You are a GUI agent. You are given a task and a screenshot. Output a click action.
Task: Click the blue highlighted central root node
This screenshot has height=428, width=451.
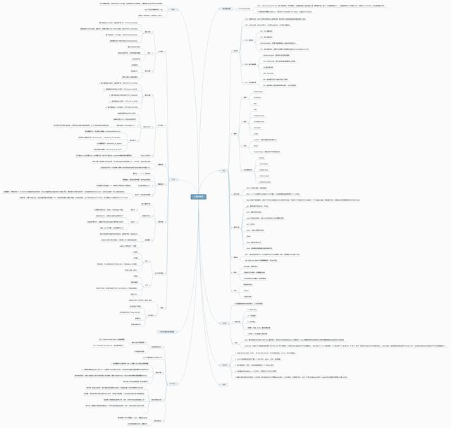[198, 196]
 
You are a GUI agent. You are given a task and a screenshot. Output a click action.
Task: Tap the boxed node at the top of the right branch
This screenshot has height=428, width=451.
[225, 8]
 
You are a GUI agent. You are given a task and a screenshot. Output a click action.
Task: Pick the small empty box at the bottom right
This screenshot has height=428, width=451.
[223, 384]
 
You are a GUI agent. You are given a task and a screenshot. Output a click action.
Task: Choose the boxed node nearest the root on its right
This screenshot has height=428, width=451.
[224, 170]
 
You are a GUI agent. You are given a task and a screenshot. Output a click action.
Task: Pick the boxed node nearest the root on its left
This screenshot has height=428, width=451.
[173, 179]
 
